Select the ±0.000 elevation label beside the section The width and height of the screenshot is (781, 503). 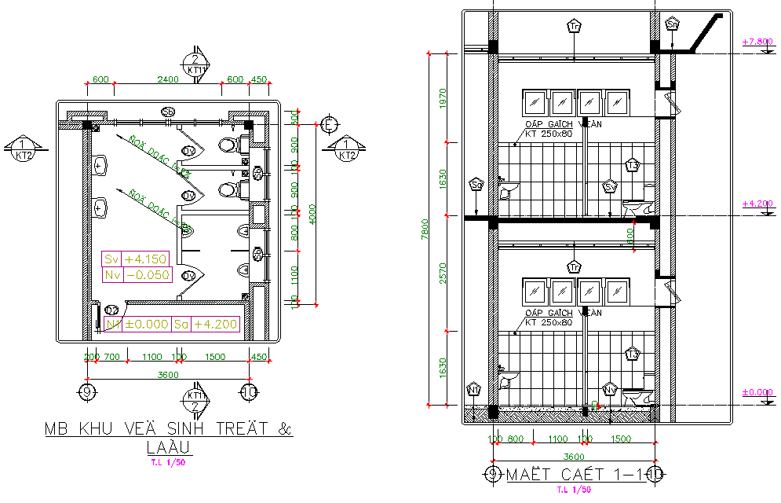tap(758, 392)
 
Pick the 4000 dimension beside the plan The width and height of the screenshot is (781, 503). tap(312, 214)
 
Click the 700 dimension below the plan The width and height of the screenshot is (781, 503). tap(111, 358)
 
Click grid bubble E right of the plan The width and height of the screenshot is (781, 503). tap(330, 124)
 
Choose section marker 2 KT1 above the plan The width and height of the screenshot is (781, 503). tap(194, 63)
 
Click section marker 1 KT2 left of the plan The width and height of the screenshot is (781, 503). tap(24, 149)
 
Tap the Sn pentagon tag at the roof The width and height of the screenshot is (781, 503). tap(673, 24)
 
